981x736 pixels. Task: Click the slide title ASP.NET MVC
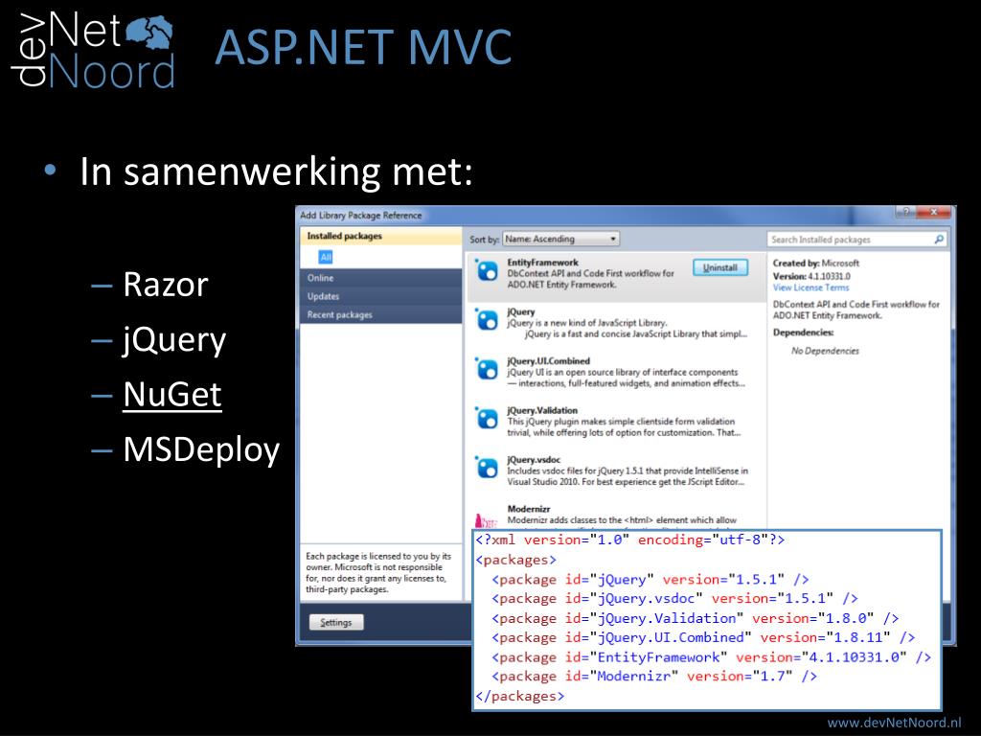(x=363, y=49)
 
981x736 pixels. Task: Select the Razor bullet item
(x=165, y=285)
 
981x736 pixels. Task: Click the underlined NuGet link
(x=172, y=395)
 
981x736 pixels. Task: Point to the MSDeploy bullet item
(x=201, y=449)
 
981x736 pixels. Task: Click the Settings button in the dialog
(x=336, y=623)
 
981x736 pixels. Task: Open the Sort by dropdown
(x=561, y=240)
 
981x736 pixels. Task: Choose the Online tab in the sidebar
(x=321, y=278)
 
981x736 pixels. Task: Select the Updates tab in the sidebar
(x=323, y=296)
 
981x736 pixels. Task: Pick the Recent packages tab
(x=340, y=314)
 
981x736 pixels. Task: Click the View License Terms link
(x=810, y=287)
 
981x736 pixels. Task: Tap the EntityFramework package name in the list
(x=542, y=263)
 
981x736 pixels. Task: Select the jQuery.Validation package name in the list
(x=542, y=410)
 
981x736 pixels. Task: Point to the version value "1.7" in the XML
(x=769, y=677)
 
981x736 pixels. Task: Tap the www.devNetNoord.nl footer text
(x=894, y=722)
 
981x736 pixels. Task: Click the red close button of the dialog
(x=936, y=213)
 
